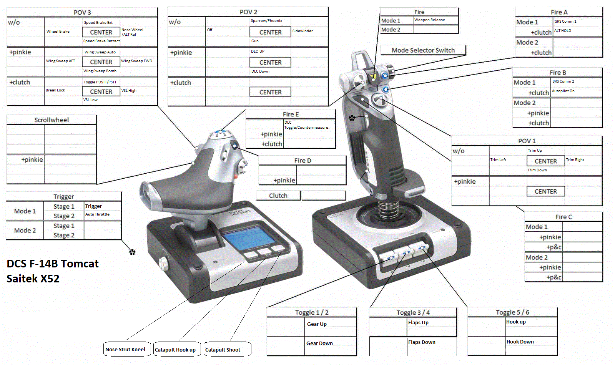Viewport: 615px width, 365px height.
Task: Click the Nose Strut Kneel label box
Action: tap(125, 349)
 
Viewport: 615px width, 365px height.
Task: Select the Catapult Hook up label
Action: tap(175, 350)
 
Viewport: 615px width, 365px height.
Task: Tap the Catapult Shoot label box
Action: tap(227, 350)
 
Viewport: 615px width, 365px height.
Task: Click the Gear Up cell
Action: tap(330, 324)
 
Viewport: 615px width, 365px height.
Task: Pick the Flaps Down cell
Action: tap(432, 342)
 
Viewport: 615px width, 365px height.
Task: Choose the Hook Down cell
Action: tap(530, 342)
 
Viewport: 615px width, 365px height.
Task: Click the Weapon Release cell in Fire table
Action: tap(435, 20)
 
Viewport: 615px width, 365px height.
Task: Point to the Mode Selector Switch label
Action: tap(423, 50)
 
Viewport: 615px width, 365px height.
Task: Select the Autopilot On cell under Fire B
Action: tap(575, 91)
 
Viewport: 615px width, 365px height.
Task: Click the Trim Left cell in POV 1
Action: tap(507, 160)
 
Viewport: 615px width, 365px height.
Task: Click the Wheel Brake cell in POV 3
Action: tap(63, 32)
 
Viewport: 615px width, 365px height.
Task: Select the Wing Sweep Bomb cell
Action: tap(101, 71)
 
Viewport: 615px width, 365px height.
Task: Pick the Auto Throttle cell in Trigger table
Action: tap(102, 214)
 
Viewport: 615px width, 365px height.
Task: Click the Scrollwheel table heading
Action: tap(52, 120)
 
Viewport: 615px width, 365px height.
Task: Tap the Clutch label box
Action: tap(278, 196)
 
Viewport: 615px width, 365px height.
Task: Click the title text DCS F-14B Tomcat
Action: tap(53, 264)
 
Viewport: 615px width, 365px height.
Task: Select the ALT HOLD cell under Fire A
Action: tap(577, 31)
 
